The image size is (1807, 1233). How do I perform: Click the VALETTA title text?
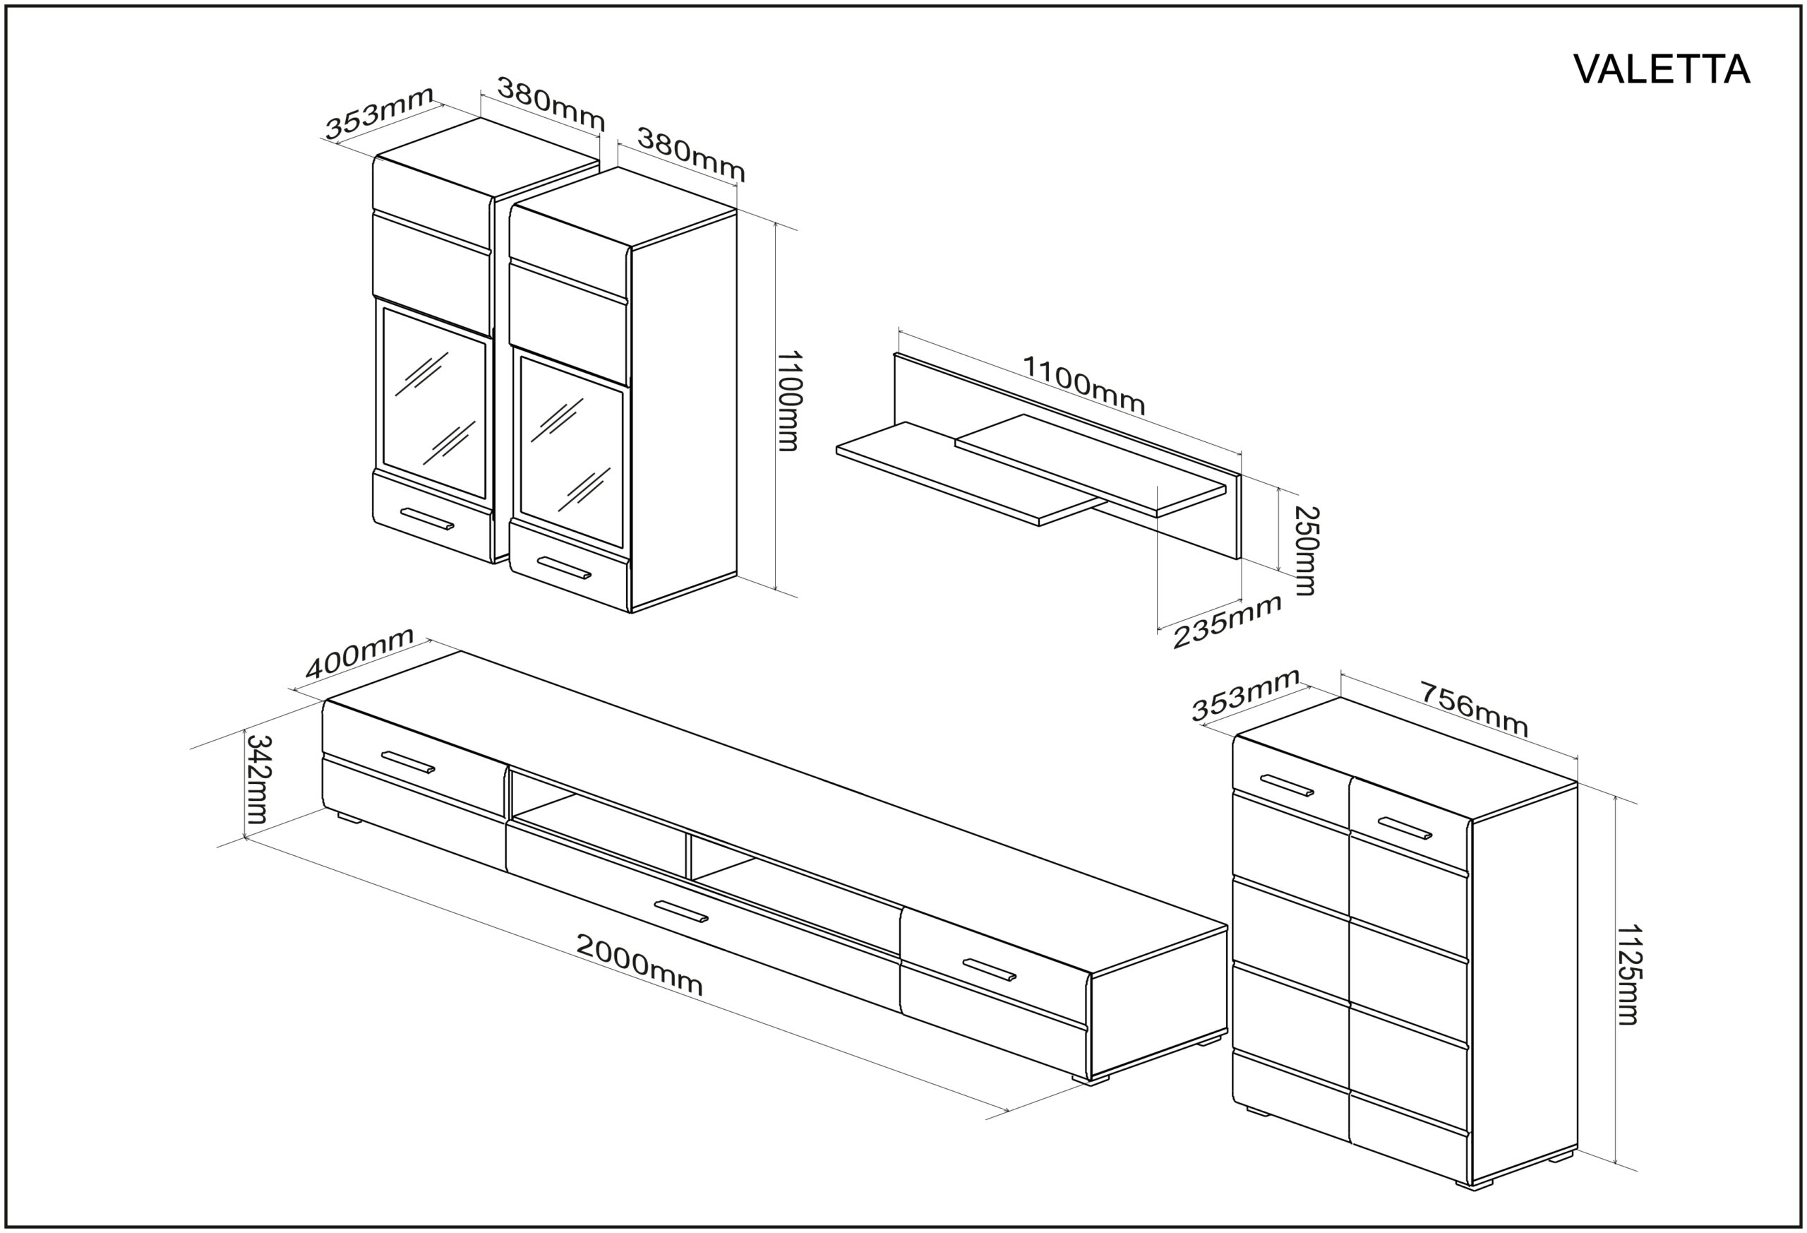1662,70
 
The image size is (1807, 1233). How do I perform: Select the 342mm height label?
257,780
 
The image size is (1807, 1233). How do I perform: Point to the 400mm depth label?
359,653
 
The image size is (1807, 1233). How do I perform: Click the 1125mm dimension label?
1628,974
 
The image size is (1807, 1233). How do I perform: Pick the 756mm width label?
1475,709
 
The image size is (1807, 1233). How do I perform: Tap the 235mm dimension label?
1226,621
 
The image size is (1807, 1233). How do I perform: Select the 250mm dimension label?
1306,551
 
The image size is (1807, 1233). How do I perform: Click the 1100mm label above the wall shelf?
1083,385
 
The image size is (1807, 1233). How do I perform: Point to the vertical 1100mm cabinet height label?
788,400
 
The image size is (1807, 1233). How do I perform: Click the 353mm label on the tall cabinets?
378,114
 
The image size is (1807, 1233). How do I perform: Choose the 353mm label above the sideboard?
1246,695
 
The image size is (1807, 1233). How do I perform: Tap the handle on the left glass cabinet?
427,519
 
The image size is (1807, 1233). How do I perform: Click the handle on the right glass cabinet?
564,568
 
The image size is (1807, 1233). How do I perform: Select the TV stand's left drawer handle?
408,761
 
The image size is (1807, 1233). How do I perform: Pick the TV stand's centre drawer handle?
681,911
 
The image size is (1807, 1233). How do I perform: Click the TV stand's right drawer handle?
989,970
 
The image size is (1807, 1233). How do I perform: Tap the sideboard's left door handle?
1287,785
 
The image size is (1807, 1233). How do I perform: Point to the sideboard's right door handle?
1405,828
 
